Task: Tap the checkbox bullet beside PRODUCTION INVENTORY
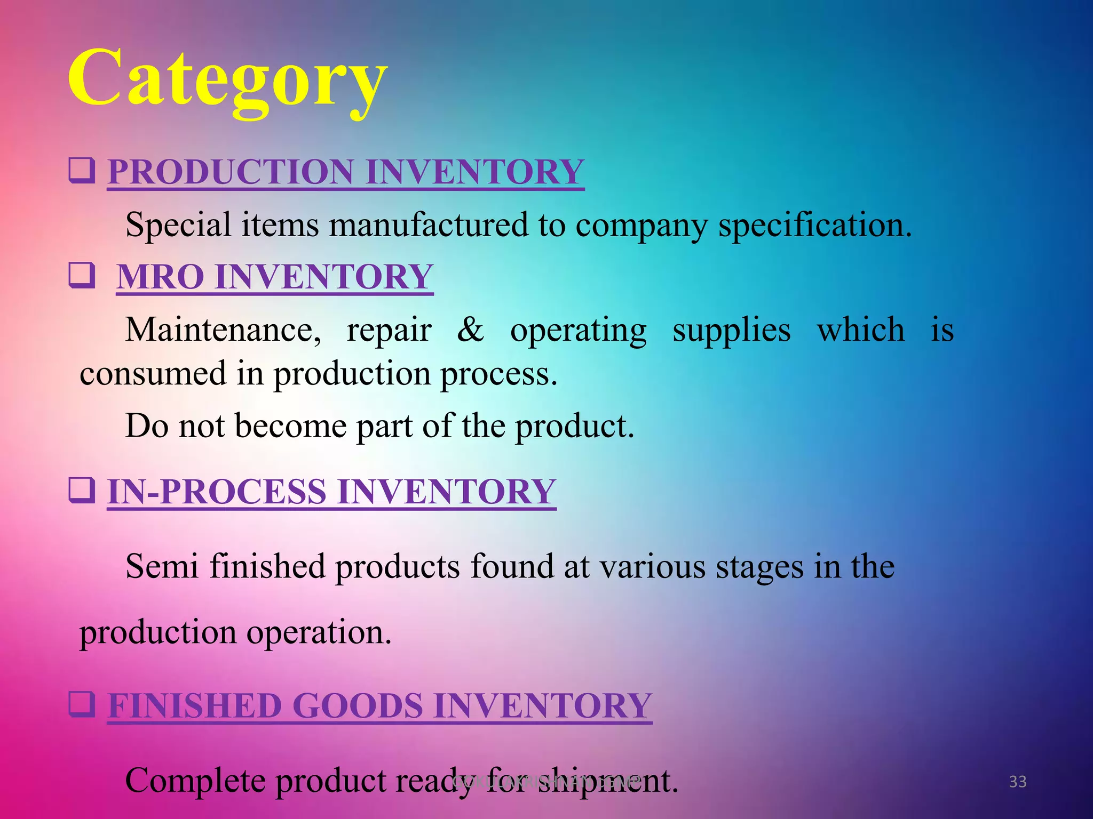82,171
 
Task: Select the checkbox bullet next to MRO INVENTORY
82,275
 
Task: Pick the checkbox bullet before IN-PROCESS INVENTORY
82,491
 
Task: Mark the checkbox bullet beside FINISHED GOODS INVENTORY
82,704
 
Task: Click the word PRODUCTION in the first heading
231,172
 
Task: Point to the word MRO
160,277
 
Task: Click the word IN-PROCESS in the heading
216,492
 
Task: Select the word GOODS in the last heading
358,706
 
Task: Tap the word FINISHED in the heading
194,706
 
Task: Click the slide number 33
1018,782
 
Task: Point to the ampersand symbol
471,329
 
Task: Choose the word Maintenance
223,330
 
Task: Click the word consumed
153,373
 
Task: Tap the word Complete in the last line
195,781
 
